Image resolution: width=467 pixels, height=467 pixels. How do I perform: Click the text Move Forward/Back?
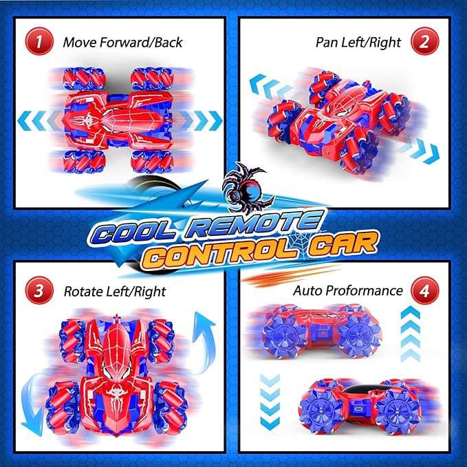tap(122, 42)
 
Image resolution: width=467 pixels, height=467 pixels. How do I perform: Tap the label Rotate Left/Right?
tap(114, 292)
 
